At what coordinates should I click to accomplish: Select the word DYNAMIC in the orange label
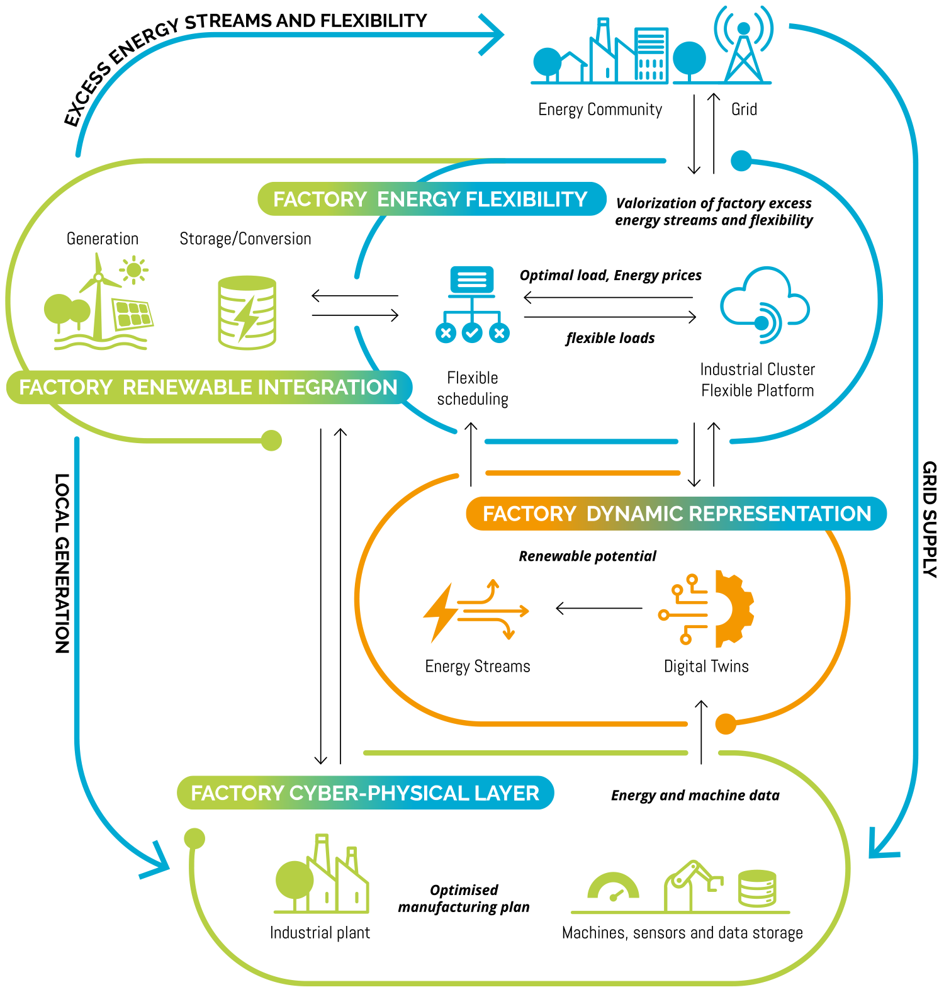[x=635, y=514]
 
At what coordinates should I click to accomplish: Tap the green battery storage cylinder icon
[x=247, y=312]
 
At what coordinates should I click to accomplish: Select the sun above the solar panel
[x=133, y=271]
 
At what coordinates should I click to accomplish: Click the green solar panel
[x=132, y=313]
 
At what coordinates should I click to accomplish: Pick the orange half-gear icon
[x=733, y=609]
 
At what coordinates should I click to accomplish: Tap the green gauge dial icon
[x=613, y=888]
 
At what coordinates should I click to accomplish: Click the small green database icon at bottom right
[x=757, y=888]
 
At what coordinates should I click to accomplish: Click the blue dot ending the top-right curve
[x=741, y=161]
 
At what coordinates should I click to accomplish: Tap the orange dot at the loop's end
[x=726, y=724]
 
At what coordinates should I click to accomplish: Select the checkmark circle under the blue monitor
[x=472, y=333]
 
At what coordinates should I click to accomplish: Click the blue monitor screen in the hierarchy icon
[x=471, y=279]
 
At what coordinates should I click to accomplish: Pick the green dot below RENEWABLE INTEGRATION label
[x=271, y=441]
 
